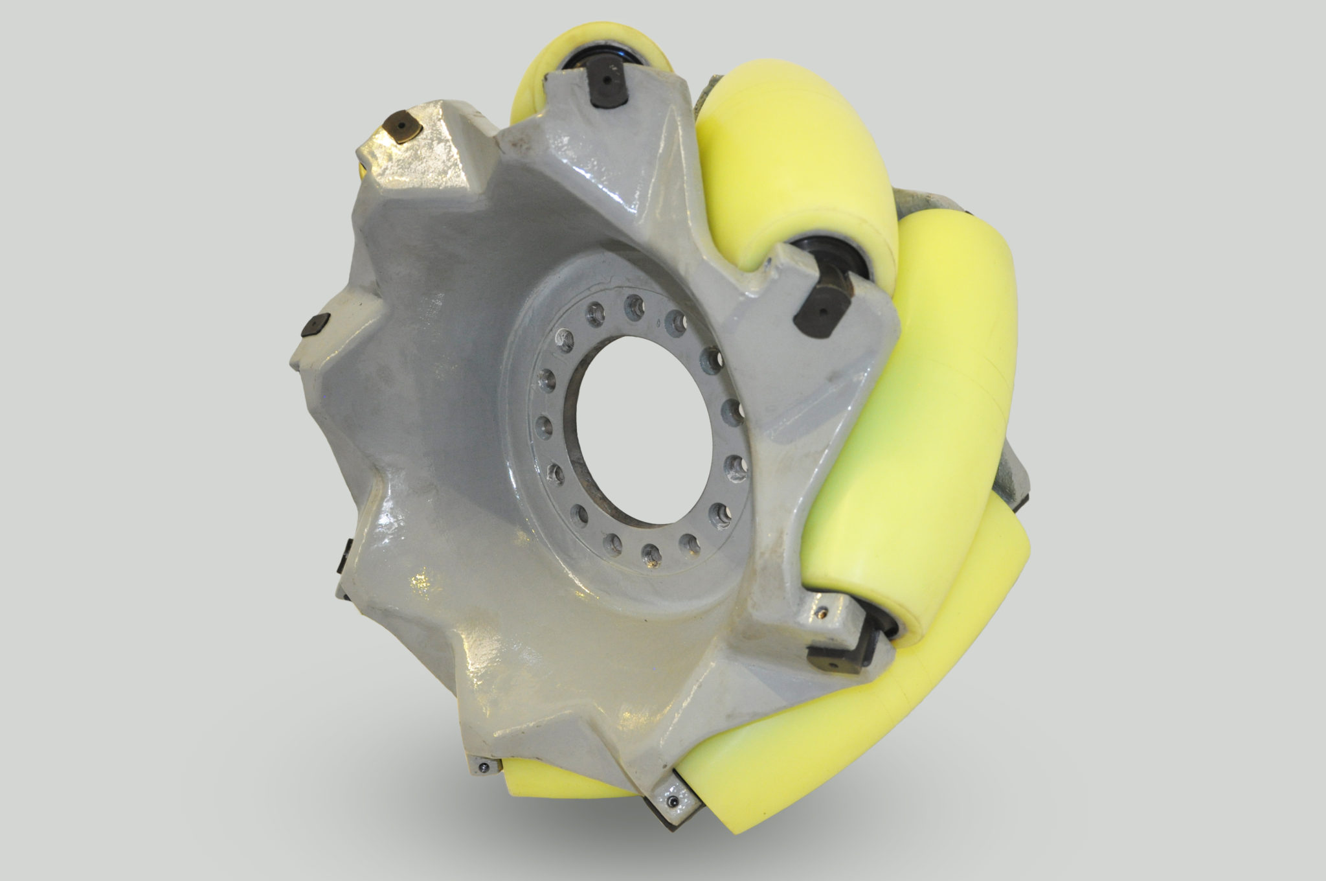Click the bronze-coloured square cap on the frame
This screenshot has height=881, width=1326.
pos(402,126)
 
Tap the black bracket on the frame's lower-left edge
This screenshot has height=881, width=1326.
pos(344,554)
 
